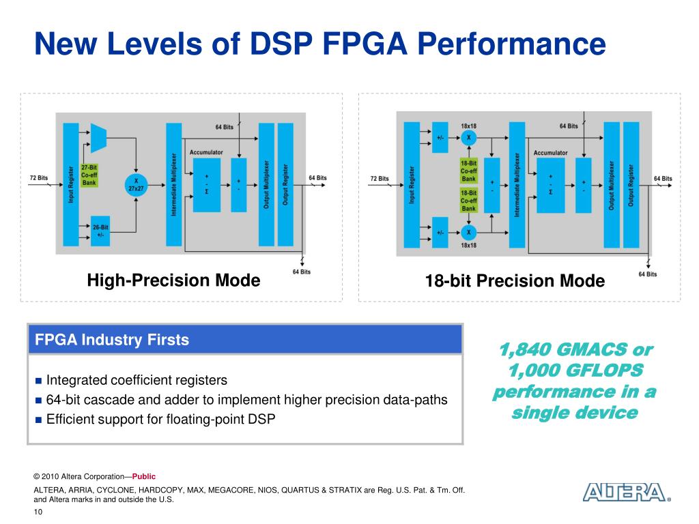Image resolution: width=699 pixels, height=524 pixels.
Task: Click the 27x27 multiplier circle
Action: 136,183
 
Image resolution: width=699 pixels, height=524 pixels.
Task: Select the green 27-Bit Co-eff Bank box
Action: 89,175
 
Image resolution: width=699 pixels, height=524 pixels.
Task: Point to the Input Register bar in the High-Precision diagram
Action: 71,184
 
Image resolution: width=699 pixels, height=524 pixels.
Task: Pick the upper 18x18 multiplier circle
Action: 469,138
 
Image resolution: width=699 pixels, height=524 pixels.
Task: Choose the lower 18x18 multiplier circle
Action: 469,232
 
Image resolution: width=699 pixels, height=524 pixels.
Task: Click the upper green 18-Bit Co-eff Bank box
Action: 468,171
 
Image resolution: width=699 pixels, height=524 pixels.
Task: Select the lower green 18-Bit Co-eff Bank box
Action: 468,201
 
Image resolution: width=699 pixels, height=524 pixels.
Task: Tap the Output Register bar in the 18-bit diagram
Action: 631,184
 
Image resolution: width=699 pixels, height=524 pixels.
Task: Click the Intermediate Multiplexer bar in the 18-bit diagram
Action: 517,184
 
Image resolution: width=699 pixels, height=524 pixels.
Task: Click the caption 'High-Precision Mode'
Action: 173,280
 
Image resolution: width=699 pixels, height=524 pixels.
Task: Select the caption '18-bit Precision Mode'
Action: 514,280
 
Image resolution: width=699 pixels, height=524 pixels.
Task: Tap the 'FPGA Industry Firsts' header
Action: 112,340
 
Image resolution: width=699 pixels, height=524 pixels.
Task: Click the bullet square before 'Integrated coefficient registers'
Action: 39,380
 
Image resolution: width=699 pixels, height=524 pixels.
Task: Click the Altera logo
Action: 624,493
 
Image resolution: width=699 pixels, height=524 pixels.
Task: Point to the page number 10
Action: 38,512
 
